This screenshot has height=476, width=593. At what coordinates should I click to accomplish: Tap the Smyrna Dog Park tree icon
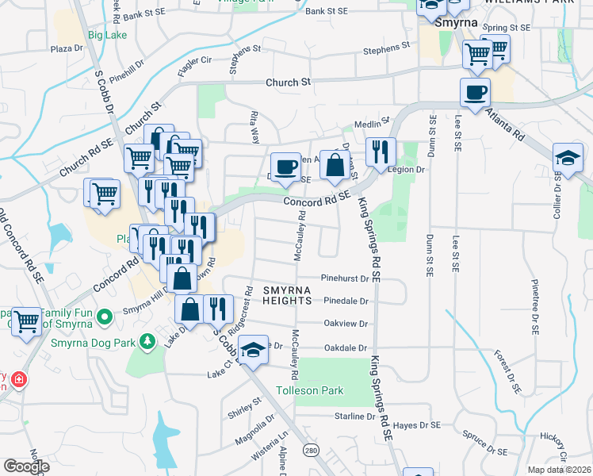click(x=146, y=341)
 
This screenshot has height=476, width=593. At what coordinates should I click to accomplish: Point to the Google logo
click(x=26, y=466)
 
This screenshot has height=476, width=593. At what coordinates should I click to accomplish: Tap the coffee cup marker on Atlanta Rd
click(x=475, y=92)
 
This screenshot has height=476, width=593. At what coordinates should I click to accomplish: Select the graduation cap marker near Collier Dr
click(x=568, y=156)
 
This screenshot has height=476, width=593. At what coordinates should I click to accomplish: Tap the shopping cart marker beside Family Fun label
click(x=26, y=321)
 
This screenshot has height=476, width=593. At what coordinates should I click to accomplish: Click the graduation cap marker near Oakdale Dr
click(x=253, y=348)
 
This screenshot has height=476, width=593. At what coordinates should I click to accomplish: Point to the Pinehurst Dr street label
click(x=346, y=278)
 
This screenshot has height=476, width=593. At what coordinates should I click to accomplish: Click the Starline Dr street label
click(x=354, y=416)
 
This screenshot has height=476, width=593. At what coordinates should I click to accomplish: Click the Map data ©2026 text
click(x=559, y=469)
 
